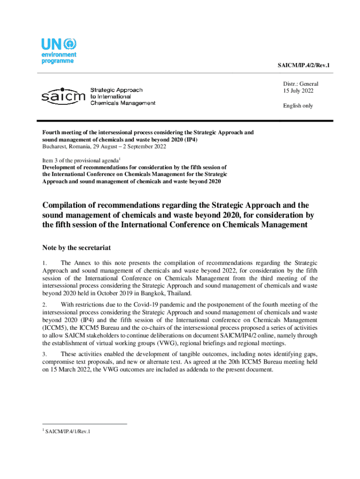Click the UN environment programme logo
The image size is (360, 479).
(x=58, y=51)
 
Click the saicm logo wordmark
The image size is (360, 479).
(x=63, y=96)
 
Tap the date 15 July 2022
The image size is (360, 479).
(x=298, y=91)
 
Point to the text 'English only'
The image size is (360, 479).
(x=298, y=106)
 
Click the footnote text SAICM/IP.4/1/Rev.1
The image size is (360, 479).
(x=68, y=431)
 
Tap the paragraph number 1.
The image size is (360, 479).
(x=44, y=263)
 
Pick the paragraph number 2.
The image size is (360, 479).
(x=44, y=305)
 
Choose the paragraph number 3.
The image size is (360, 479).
(x=44, y=354)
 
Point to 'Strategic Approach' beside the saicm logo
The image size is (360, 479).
(x=116, y=90)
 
